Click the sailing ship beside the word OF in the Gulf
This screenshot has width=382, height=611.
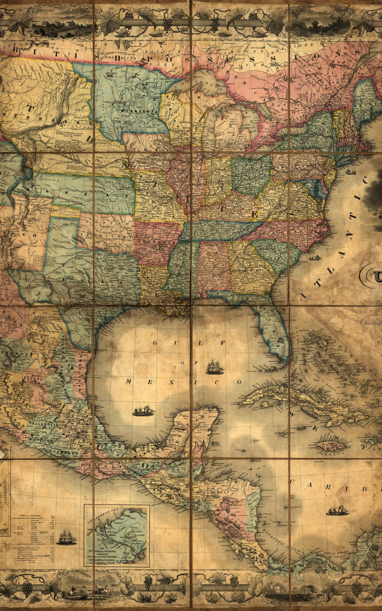click(214, 367)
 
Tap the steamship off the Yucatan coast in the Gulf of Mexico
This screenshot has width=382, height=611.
click(143, 411)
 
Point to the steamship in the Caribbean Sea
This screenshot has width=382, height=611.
click(337, 510)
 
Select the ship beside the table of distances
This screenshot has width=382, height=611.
click(66, 537)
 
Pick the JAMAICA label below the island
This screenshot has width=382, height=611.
click(333, 453)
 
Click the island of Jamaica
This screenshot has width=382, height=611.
click(331, 445)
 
